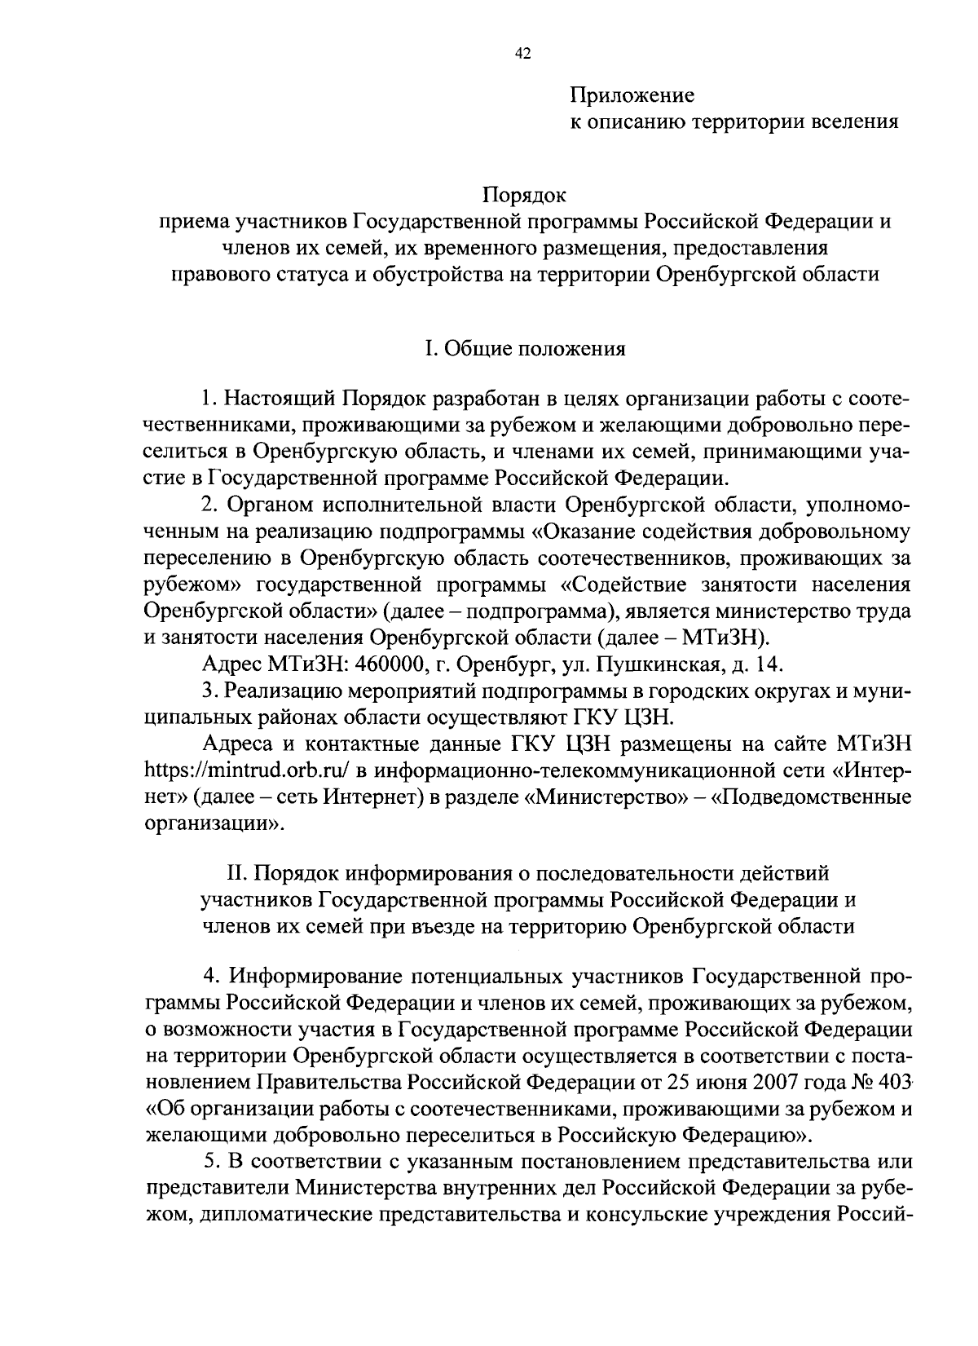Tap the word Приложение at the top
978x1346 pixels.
point(632,95)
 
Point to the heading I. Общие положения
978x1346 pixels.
point(524,349)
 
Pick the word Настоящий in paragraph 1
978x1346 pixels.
point(280,400)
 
